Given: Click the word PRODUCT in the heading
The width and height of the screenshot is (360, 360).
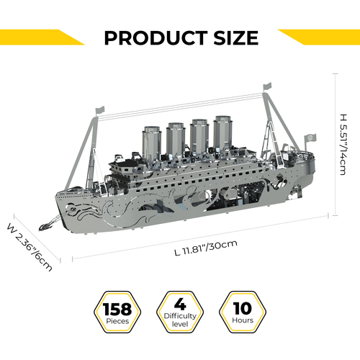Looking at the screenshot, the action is coord(156,38).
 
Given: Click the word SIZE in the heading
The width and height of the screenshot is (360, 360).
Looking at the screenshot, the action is coord(236,38).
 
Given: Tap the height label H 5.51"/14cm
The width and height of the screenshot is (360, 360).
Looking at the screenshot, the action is coord(343,145).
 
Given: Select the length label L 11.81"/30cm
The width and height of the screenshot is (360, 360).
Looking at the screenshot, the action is coord(206,248).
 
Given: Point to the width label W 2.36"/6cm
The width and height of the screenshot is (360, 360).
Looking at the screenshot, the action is coord(30,247).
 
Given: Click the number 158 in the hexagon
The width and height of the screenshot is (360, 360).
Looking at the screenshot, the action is coord(117,309).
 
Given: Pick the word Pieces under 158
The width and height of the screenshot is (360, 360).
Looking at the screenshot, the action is coord(117,321).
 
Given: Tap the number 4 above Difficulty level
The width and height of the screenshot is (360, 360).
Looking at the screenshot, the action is coord(180,305).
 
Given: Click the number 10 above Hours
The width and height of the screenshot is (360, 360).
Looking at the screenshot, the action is coord(243,308).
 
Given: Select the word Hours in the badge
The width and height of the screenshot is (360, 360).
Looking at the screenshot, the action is coord(243,320).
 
